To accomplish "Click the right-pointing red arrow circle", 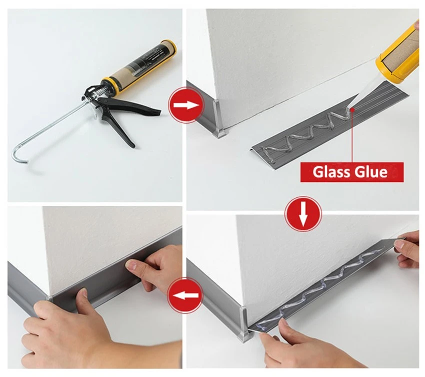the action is (x=186, y=105).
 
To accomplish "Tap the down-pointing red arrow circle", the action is (x=303, y=214).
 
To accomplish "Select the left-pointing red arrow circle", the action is (x=185, y=295).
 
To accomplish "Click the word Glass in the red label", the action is (x=329, y=172).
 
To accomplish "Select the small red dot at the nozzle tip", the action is (x=352, y=110).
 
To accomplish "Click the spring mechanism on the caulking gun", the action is (x=99, y=94).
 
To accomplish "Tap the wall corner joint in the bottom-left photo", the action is (x=49, y=297).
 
